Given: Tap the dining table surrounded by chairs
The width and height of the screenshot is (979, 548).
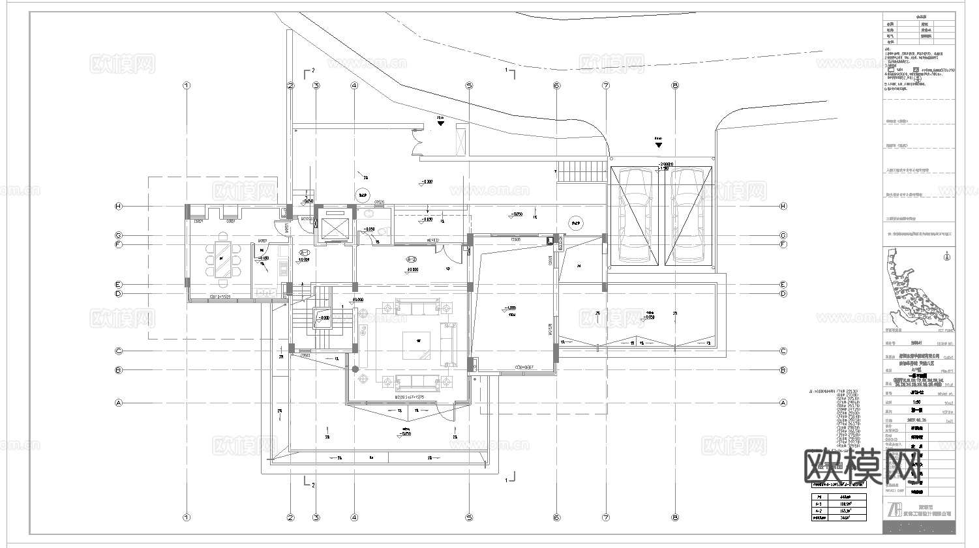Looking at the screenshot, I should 222,260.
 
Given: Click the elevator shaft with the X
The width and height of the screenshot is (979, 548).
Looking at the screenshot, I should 334,225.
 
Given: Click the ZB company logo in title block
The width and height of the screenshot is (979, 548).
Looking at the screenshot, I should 895,510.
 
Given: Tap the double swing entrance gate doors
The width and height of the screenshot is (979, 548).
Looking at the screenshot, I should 416,139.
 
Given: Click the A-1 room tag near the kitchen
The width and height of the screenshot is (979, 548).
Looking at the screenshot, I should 303,252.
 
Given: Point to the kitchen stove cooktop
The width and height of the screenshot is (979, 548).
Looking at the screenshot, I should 283,267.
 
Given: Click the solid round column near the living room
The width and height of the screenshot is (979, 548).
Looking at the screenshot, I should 355,369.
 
